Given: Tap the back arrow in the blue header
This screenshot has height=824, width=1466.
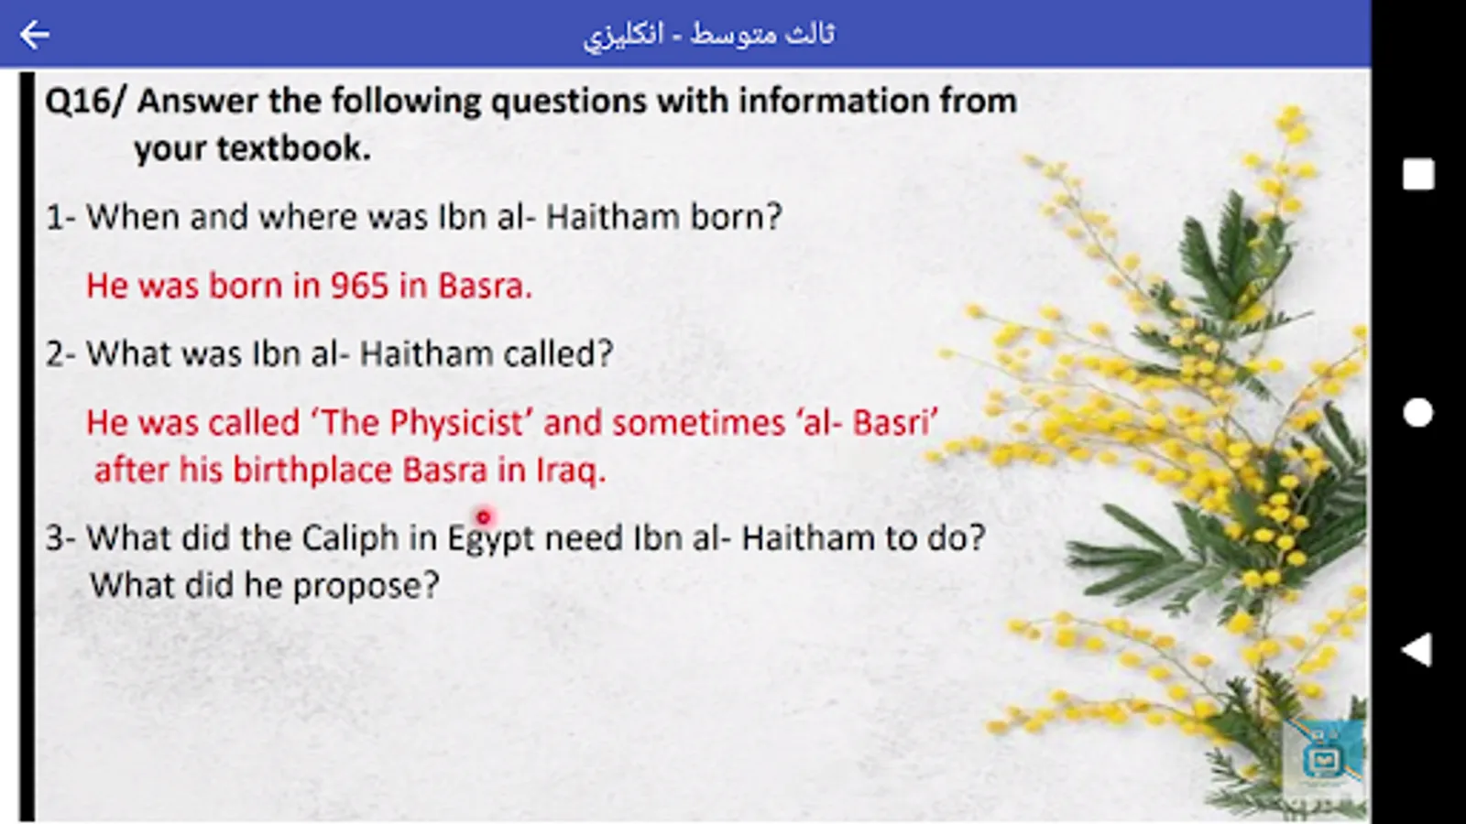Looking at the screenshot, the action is click(x=35, y=34).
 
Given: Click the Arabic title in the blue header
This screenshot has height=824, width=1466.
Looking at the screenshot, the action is click(x=709, y=35).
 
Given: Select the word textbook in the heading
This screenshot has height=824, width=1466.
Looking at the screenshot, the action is click(x=293, y=148).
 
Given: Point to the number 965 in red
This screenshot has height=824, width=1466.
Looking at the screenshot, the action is click(x=359, y=286).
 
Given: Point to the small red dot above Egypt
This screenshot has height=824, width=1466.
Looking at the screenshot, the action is click(x=484, y=518).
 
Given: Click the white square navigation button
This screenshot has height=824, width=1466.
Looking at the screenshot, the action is click(x=1418, y=175).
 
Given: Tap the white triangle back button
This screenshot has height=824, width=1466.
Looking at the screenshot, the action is click(x=1417, y=650).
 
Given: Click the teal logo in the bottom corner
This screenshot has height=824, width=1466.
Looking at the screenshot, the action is click(x=1323, y=758).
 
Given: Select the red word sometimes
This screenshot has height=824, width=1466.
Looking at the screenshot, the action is click(x=698, y=423).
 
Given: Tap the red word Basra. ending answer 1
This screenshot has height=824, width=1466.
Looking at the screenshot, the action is click(x=485, y=286).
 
